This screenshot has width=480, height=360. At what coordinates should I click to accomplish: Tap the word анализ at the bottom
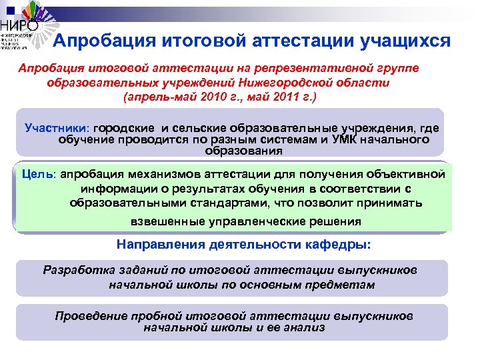(x=303, y=327)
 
